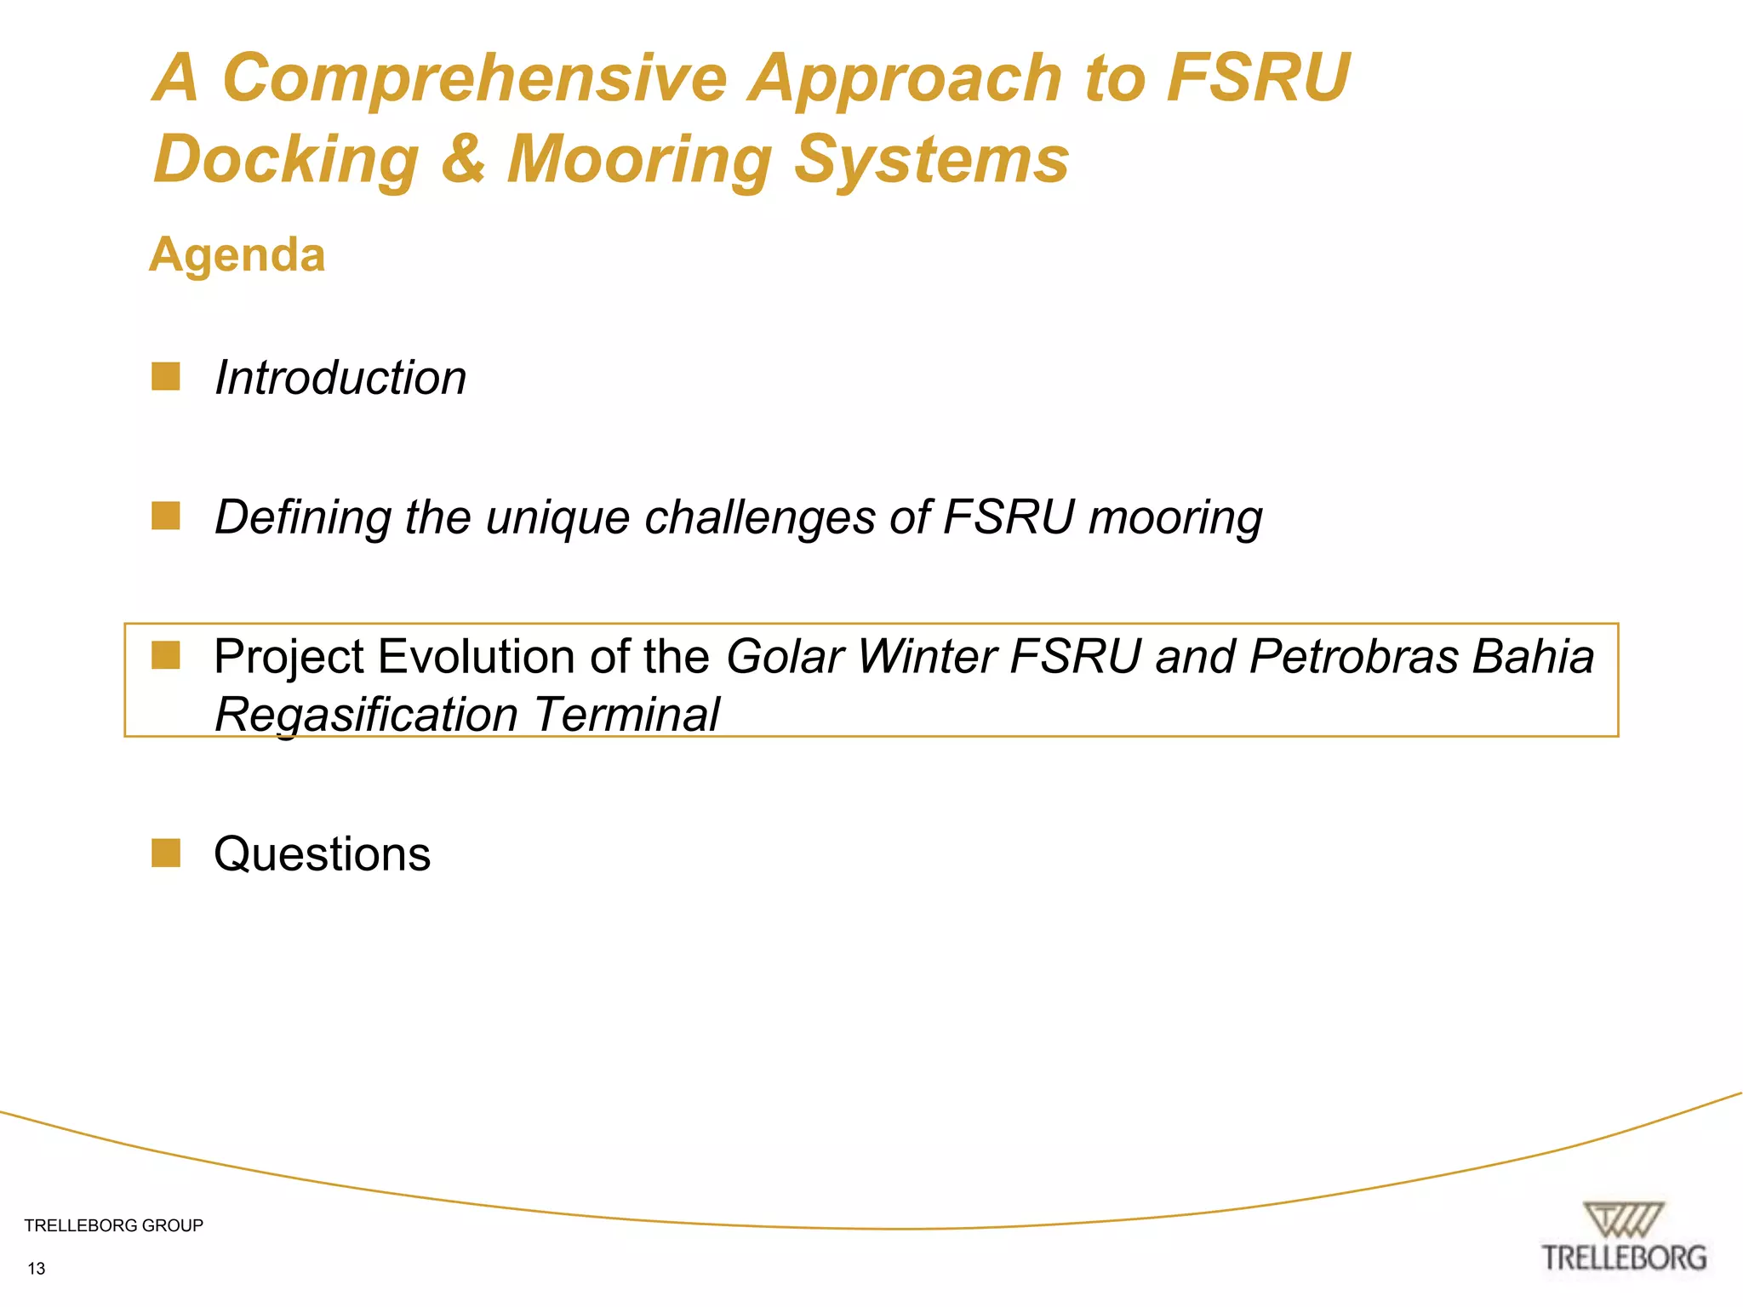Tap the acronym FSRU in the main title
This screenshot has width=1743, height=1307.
(1257, 78)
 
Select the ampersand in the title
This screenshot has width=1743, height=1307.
(464, 159)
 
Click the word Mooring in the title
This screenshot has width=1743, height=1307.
(639, 161)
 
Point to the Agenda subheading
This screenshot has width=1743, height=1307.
(237, 254)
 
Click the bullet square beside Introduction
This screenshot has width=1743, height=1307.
(166, 376)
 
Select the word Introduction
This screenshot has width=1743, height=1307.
(340, 377)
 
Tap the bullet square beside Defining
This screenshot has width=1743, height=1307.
(166, 516)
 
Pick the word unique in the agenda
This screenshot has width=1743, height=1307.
(557, 518)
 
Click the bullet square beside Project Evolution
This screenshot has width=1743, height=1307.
(166, 655)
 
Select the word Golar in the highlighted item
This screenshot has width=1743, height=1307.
(785, 656)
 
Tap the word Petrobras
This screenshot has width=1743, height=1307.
(1354, 656)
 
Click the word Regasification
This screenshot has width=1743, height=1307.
(366, 714)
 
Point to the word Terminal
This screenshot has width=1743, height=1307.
(627, 714)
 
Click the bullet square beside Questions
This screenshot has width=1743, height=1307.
(166, 853)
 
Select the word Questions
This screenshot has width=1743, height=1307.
(323, 853)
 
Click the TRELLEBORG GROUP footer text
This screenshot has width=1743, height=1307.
(114, 1225)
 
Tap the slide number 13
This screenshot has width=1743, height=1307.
(37, 1269)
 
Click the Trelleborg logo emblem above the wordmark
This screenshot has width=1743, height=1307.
(1623, 1220)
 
